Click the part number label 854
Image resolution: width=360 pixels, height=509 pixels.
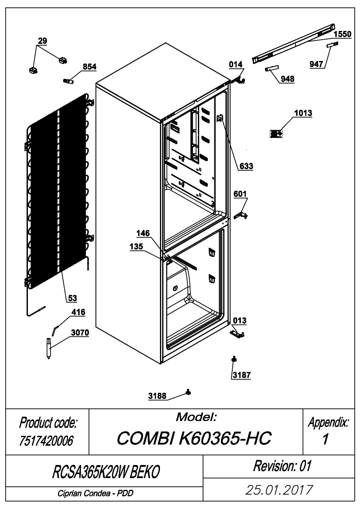pos(90,67)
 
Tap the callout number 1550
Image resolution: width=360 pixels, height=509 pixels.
pos(343,34)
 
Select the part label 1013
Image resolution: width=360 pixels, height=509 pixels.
pos(303,113)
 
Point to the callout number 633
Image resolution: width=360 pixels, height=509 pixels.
pos(246,166)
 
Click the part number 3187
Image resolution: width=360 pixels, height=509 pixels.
pos(241,375)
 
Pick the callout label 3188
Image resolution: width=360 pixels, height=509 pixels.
pos(157,396)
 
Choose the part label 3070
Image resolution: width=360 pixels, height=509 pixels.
pos(80,333)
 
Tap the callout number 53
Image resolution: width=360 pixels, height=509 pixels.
pos(72,298)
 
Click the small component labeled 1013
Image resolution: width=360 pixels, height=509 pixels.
pos(276,133)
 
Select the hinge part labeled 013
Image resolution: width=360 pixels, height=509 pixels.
pos(237,334)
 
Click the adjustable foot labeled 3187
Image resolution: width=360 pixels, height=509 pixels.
pos(234,359)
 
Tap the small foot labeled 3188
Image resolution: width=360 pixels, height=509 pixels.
pos(188,392)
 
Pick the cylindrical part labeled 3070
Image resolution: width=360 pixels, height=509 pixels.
pos(49,348)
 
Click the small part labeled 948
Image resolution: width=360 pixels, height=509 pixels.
pos(272,68)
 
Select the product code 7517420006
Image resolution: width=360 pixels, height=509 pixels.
pos(46,441)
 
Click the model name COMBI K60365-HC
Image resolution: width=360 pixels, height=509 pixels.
pos(194,438)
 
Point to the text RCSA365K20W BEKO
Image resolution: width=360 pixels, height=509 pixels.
pos(106,472)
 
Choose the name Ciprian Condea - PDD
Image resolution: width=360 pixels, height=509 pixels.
pos(95,494)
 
